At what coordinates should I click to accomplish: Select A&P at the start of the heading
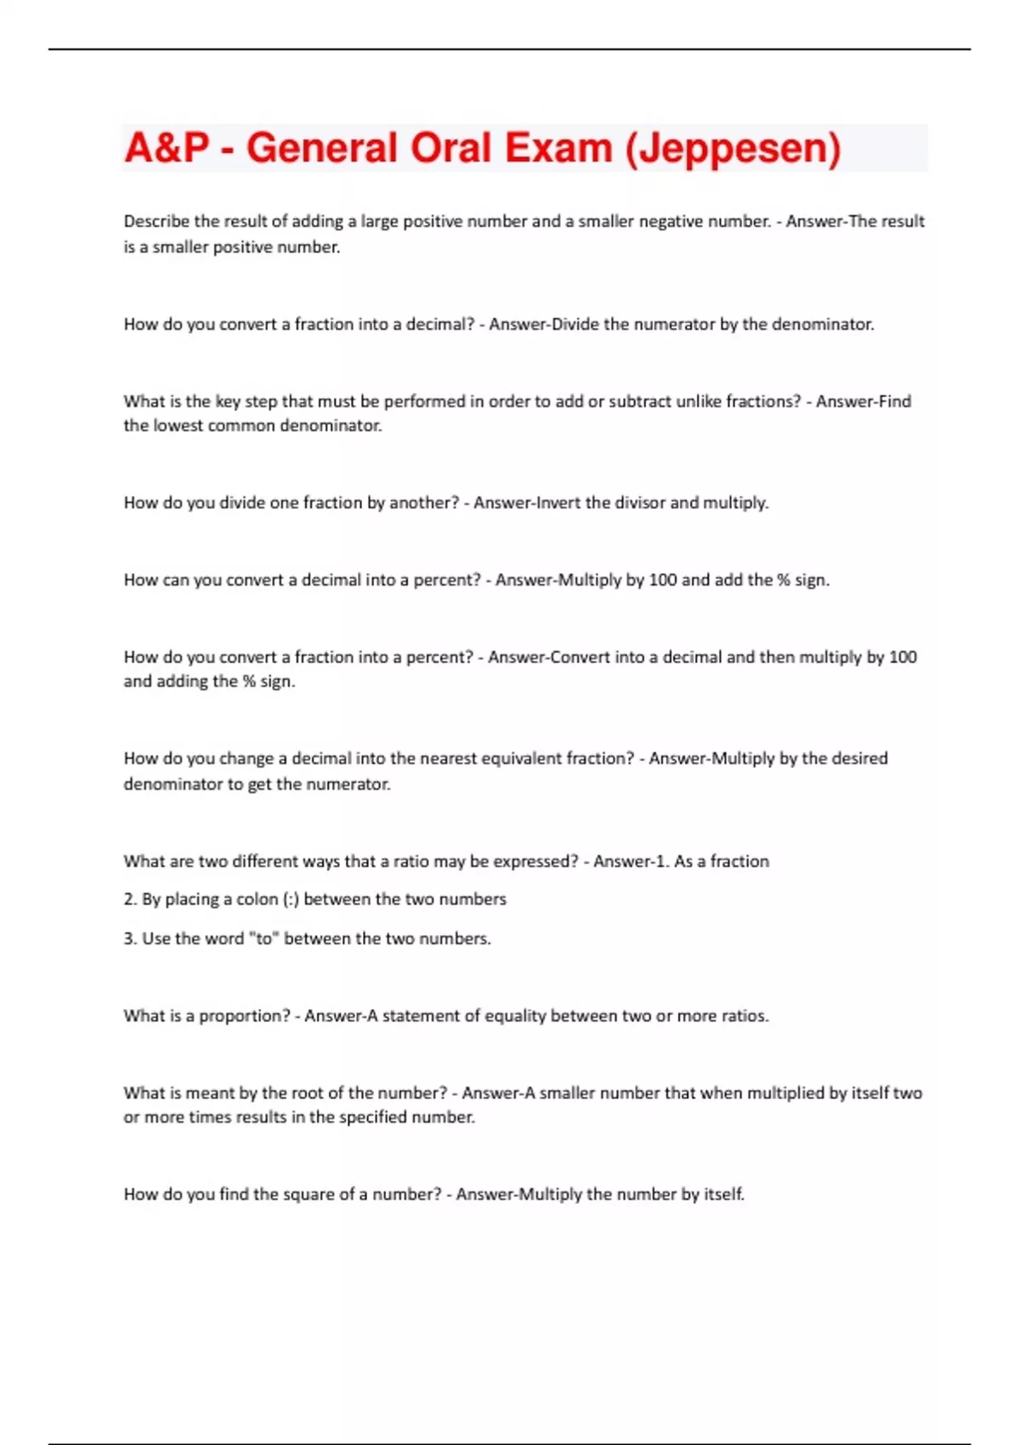(167, 149)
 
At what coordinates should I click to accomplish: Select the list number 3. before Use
(131, 939)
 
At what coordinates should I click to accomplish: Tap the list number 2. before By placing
(131, 899)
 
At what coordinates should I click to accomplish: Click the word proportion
(245, 1017)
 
